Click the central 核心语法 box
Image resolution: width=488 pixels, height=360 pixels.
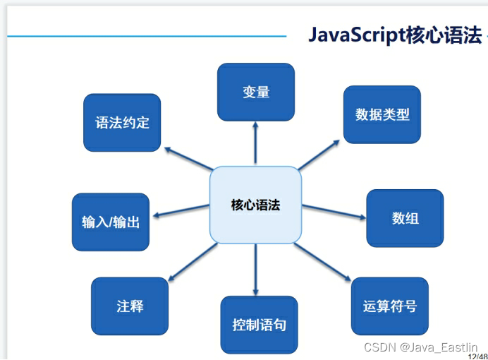click(255, 205)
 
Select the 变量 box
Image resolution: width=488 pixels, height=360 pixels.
click(255, 92)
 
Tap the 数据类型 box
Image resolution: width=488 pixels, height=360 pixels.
click(382, 114)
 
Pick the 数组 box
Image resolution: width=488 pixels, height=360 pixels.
click(405, 218)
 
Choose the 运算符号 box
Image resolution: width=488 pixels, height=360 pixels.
click(389, 306)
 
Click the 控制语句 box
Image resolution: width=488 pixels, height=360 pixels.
click(259, 325)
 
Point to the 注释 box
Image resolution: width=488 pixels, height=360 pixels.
click(130, 306)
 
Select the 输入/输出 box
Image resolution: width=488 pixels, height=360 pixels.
click(111, 222)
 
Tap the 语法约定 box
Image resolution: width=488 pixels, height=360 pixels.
click(122, 122)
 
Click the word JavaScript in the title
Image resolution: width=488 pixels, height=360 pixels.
click(357, 35)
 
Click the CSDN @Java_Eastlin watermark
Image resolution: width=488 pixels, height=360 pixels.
click(420, 347)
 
